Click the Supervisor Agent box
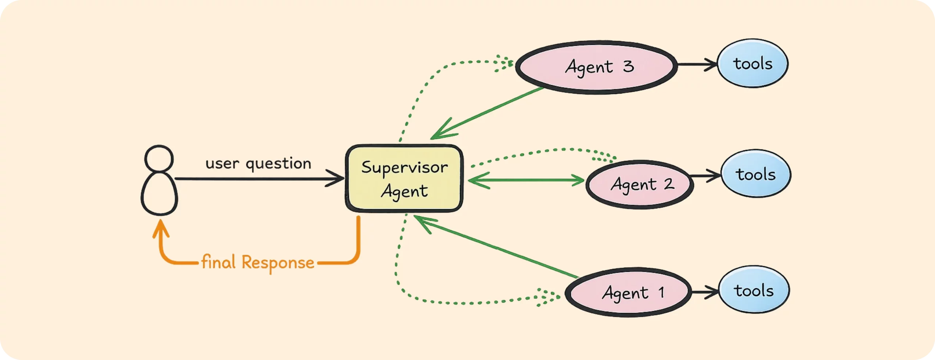click(x=404, y=179)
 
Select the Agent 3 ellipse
click(x=596, y=67)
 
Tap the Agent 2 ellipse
click(x=640, y=184)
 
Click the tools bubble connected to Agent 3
click(x=753, y=64)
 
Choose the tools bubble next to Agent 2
click(x=756, y=174)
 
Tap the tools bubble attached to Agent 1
click(x=754, y=290)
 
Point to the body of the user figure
click(x=160, y=194)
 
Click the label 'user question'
click(x=258, y=163)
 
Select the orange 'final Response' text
click(x=258, y=262)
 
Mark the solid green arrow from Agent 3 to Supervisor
click(x=489, y=112)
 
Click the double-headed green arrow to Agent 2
click(x=526, y=180)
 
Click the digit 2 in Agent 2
click(x=669, y=184)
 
